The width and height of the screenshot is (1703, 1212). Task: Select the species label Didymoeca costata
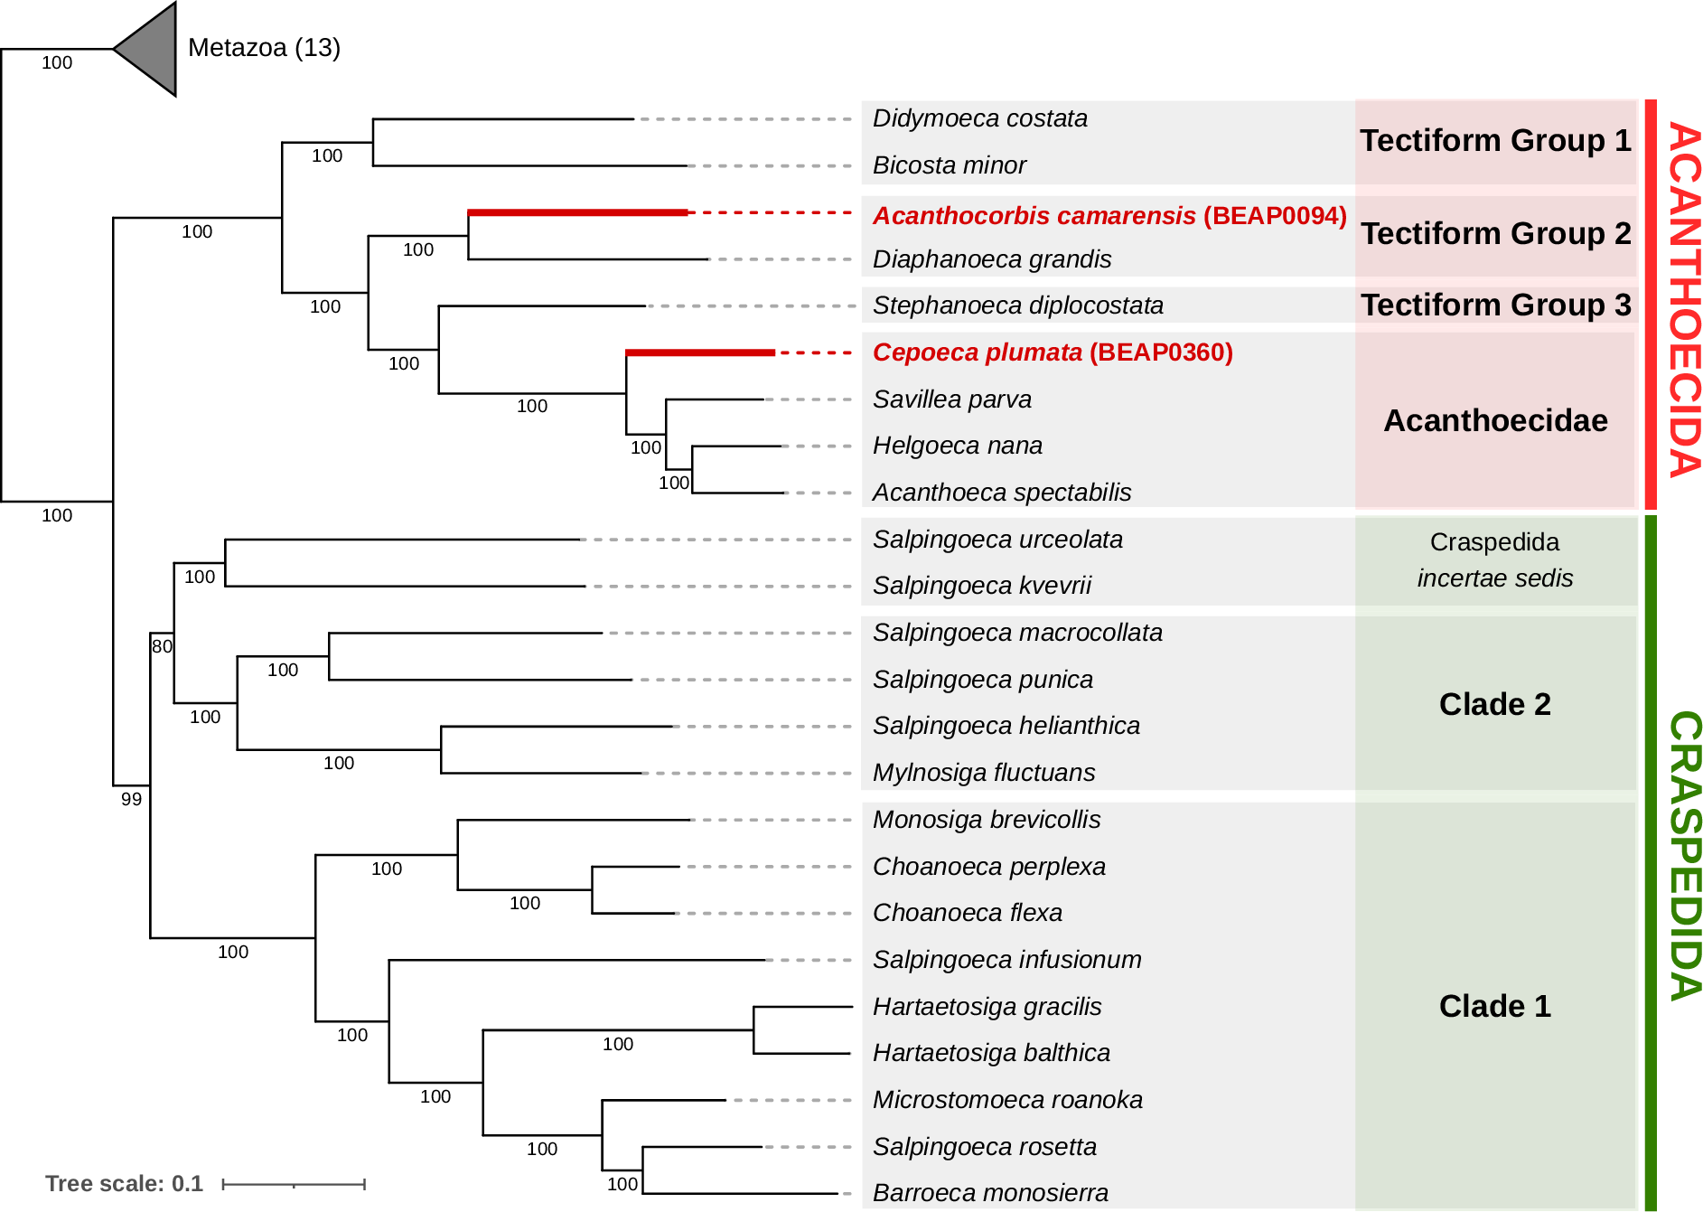pos(979,118)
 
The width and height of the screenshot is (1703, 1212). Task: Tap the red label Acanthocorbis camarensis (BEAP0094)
pos(1109,216)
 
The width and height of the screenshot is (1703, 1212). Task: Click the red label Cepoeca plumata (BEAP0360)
pos(1052,352)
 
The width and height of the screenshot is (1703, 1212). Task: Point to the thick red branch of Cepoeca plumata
pos(699,352)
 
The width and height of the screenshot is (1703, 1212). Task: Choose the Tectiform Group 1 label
pos(1495,141)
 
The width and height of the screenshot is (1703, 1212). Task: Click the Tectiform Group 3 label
pos(1495,305)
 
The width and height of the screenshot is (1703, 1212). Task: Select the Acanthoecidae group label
pos(1495,420)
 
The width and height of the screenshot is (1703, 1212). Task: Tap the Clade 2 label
pos(1494,704)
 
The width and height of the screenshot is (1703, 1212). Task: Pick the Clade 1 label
pos(1494,1006)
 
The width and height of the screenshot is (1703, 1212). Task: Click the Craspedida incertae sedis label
pos(1494,560)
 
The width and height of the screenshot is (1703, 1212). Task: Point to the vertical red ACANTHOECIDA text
pos(1684,299)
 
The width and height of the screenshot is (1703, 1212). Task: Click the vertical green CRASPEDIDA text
pos(1684,855)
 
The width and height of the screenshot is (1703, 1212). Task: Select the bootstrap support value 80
pos(162,646)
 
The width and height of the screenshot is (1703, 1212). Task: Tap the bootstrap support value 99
pos(131,799)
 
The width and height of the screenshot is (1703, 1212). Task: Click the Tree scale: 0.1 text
pos(124,1184)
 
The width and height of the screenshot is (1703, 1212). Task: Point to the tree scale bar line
pos(294,1184)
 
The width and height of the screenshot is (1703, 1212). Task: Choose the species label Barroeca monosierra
pos(989,1193)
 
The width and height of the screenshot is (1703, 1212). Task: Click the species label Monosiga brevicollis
pos(986,820)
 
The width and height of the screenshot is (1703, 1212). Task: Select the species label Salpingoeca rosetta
pos(984,1147)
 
